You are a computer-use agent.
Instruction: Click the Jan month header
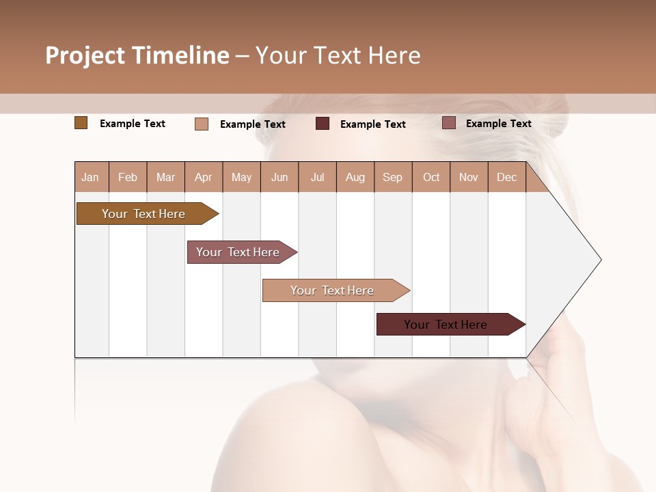pos(91,177)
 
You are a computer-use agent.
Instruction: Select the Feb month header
pos(128,177)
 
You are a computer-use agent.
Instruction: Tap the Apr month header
pos(204,177)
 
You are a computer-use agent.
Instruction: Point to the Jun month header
pos(279,177)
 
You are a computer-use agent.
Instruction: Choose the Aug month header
pos(355,177)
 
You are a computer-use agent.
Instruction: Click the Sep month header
pos(393,177)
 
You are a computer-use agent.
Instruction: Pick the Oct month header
pos(431,177)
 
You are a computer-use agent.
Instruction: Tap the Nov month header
pos(469,177)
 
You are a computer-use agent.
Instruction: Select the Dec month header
pos(507,177)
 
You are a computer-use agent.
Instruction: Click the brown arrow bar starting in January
pos(143,214)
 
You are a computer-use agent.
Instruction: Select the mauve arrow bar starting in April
pos(238,252)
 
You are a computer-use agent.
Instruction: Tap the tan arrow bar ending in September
pos(332,290)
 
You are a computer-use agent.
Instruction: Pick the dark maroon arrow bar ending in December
pos(446,325)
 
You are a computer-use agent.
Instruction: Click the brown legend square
pos(81,123)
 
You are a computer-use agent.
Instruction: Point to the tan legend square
pos(201,124)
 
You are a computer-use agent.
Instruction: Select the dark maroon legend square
pos(323,124)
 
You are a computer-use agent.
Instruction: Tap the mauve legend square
pos(448,123)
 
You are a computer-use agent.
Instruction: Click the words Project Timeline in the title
pos(137,55)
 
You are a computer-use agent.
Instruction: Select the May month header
pos(241,177)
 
